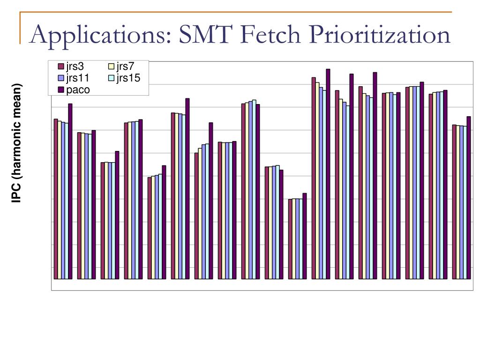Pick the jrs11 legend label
click(77, 78)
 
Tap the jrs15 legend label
click(128, 78)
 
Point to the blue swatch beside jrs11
click(60, 78)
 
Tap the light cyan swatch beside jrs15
click(112, 78)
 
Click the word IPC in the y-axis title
click(17, 194)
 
